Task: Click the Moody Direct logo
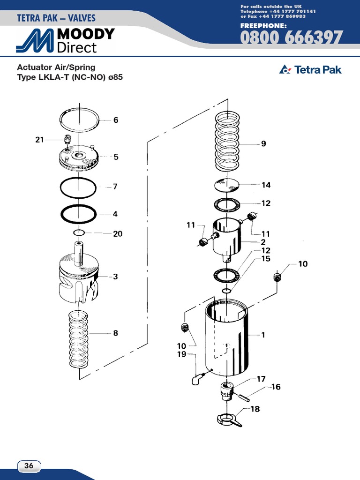coord(66,40)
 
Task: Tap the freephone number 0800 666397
coord(292,38)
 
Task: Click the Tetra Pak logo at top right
coord(310,70)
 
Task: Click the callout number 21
coord(39,139)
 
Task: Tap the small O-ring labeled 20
coord(79,232)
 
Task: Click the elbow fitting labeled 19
coord(197,378)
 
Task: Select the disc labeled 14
coord(227,185)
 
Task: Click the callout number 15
coord(266,259)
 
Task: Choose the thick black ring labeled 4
coord(79,214)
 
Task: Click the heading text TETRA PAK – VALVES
coord(56,18)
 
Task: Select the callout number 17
coord(261,379)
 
